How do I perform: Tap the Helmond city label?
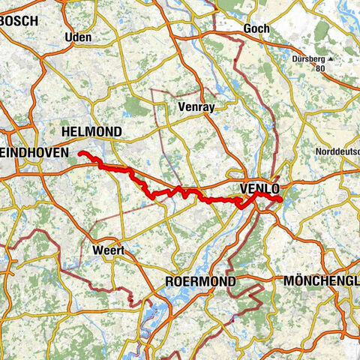pyautogui.click(x=93, y=131)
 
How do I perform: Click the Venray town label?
pyautogui.click(x=196, y=107)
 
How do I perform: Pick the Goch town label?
pyautogui.click(x=256, y=29)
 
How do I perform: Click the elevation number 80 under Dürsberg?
pyautogui.click(x=320, y=67)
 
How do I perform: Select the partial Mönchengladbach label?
pyautogui.click(x=322, y=281)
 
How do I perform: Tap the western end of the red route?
pyautogui.click(x=80, y=153)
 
